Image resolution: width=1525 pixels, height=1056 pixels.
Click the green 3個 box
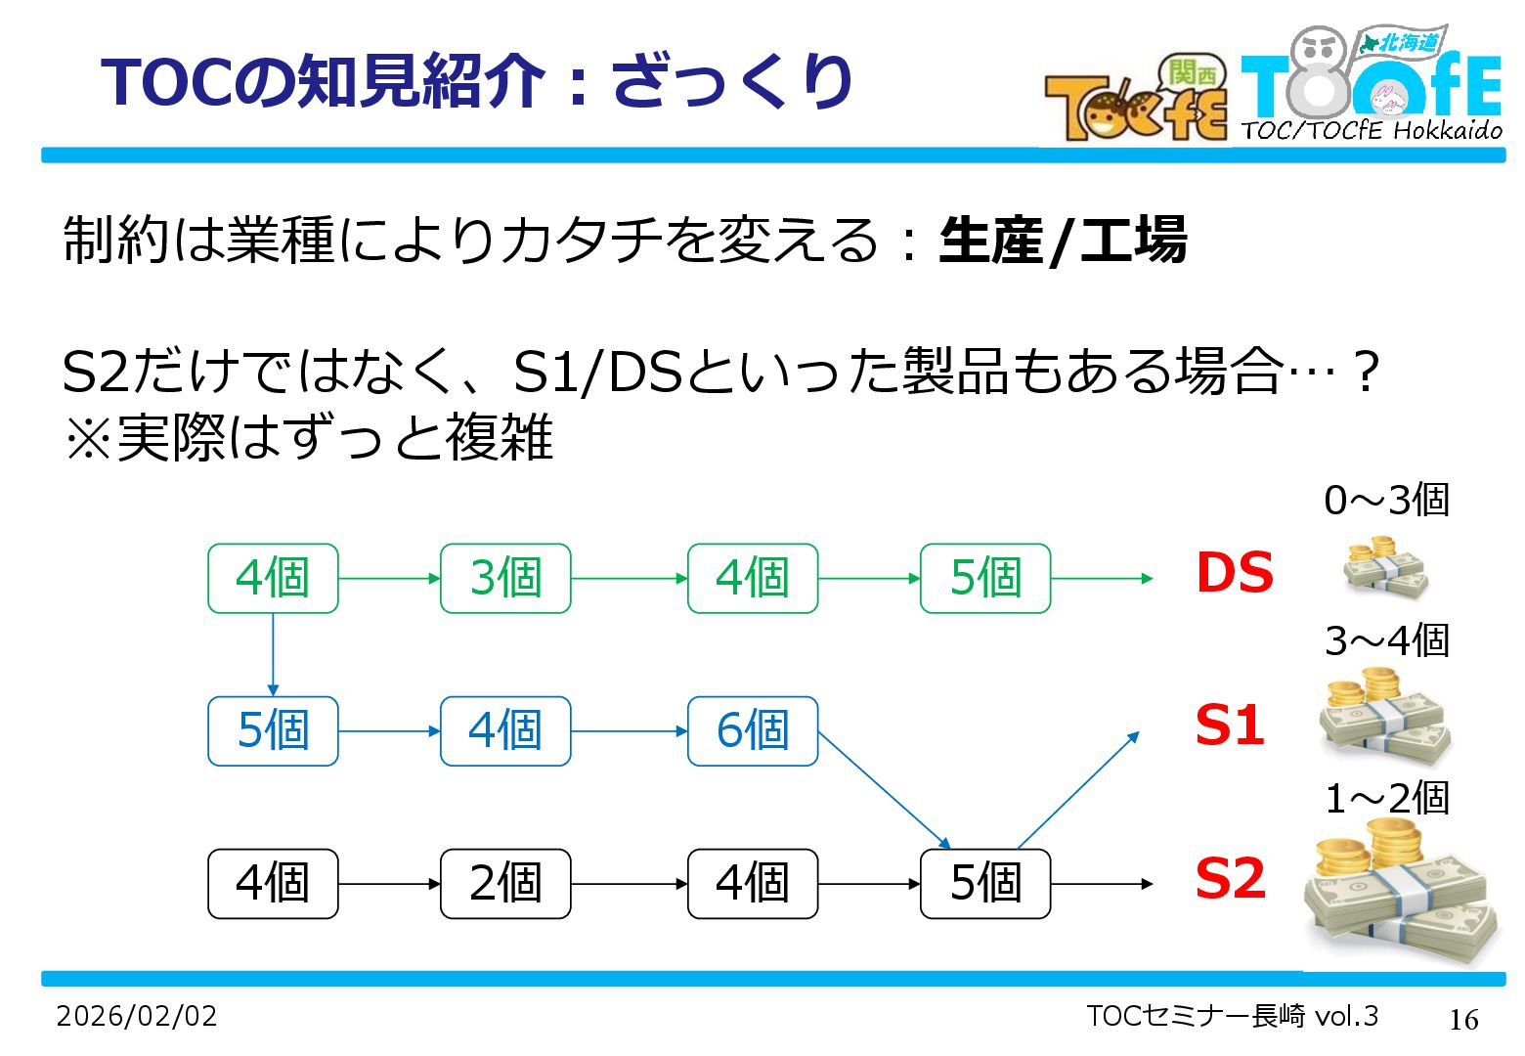click(x=505, y=578)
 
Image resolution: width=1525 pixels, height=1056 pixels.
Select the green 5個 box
click(x=985, y=578)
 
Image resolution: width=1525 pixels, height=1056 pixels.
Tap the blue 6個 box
click(x=753, y=730)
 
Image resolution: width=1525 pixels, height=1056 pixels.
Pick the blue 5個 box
click(x=273, y=730)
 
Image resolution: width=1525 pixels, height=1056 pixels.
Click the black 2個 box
click(x=505, y=883)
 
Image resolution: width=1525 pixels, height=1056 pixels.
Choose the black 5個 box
click(x=985, y=883)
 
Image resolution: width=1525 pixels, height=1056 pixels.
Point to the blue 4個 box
click(x=505, y=730)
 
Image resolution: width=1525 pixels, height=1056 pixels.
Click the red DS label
click(x=1235, y=573)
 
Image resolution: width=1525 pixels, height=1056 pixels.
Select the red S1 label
click(x=1230, y=726)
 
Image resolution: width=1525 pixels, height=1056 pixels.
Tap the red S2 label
click(x=1231, y=878)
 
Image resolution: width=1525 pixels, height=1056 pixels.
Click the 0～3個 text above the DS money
click(x=1386, y=501)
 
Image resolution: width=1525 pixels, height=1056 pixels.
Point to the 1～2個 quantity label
click(x=1386, y=799)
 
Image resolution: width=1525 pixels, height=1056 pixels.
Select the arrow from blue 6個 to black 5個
click(x=884, y=789)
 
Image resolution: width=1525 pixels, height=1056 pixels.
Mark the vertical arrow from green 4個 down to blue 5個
click(x=273, y=654)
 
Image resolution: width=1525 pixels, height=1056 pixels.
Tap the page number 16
click(x=1463, y=1020)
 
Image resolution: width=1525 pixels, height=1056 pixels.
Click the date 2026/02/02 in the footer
click(x=137, y=1016)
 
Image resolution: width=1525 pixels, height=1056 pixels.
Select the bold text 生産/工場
click(x=1063, y=241)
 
